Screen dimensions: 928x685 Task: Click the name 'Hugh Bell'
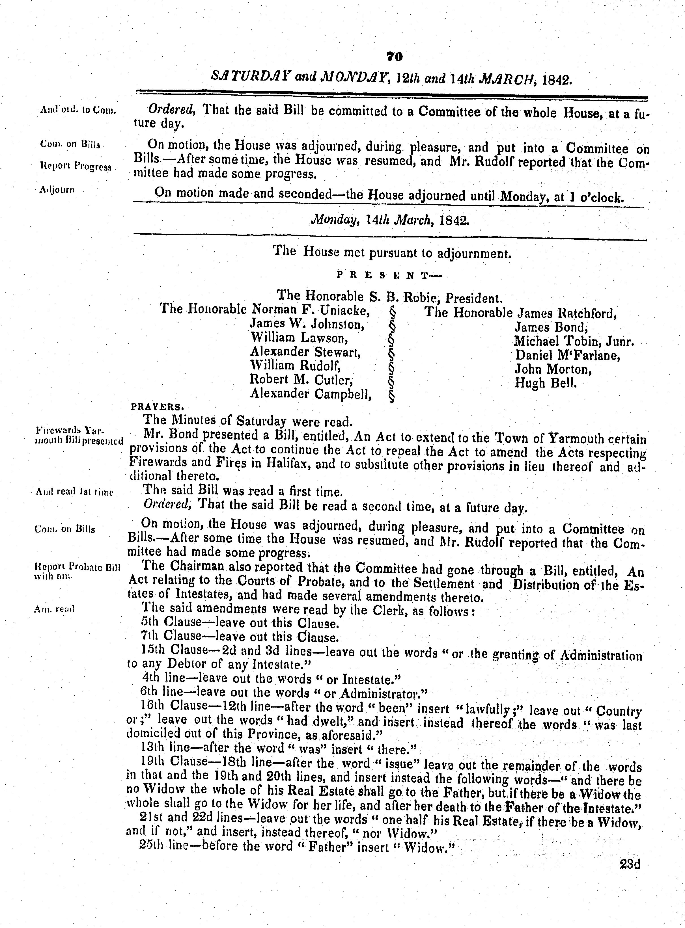coord(546,382)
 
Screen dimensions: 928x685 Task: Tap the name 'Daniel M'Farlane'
coord(567,355)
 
